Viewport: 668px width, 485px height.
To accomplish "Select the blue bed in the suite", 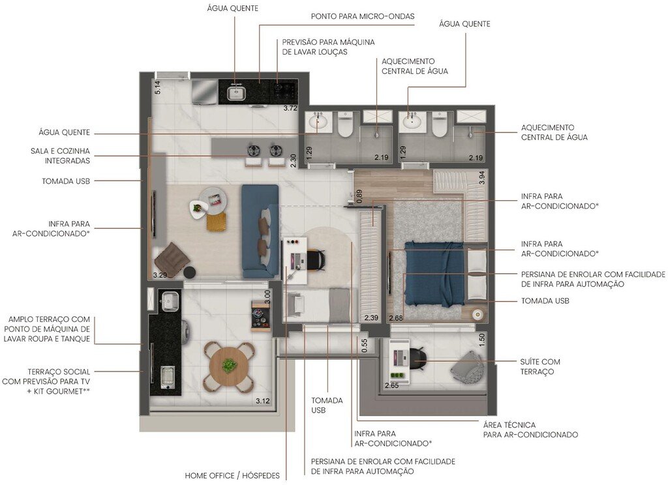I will click(433, 273).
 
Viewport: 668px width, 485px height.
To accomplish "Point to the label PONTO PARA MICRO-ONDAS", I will click(362, 16).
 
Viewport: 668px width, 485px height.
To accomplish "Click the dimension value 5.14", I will click(157, 87).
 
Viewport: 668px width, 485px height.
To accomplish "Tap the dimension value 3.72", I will click(290, 108).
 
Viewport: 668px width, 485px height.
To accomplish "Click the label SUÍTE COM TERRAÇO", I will click(540, 366).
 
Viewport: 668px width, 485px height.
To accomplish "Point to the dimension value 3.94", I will click(481, 177).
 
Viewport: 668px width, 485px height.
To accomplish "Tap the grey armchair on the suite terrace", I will click(467, 366).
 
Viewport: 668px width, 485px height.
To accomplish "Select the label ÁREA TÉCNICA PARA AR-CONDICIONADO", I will click(530, 430).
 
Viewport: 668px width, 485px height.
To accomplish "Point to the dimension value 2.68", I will click(396, 318).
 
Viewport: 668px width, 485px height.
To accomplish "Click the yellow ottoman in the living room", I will click(217, 221).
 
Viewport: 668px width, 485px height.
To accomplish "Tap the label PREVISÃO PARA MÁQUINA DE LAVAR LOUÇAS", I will click(328, 46).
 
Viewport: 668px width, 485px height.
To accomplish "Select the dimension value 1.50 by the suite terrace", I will click(481, 339).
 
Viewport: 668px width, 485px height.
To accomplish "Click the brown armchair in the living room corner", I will click(172, 257).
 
